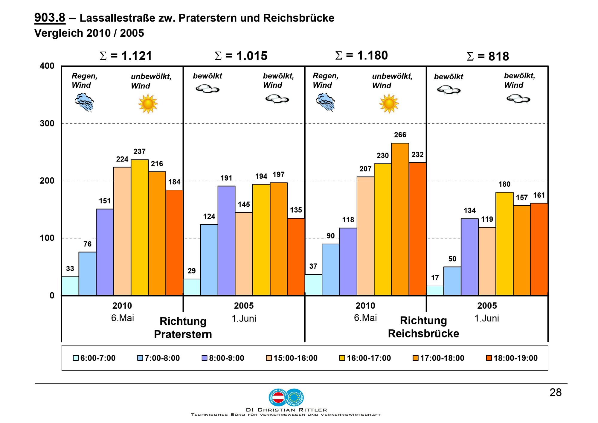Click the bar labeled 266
pos(400,219)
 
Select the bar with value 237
pos(140,227)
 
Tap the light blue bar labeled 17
pos(435,290)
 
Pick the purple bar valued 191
pos(226,241)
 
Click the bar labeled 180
pos(504,244)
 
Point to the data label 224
pos(122,159)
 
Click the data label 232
pos(417,155)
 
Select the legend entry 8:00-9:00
pos(223,358)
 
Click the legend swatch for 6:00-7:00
pos(76,358)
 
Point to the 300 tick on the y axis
pos(47,124)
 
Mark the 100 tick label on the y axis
pos(47,238)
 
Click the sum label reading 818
pos(488,57)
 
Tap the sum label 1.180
pos(361,56)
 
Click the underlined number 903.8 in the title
pos(50,18)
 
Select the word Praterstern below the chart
pos(183,334)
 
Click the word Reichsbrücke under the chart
pos(423,334)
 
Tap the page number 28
pos(555,392)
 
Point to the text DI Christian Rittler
pos(286,410)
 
